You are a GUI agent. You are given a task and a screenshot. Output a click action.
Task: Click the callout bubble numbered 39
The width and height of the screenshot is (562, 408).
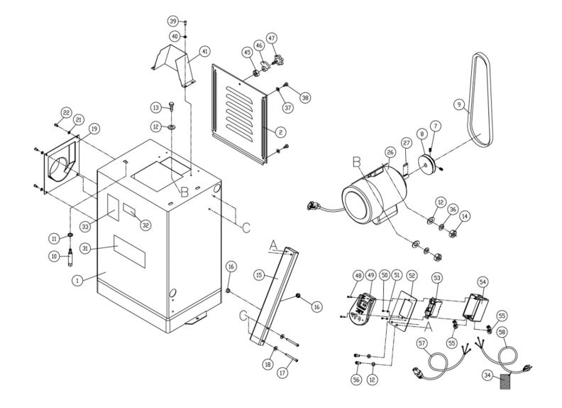[172, 22]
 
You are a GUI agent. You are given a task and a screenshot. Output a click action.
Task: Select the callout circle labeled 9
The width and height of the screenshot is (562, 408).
[459, 105]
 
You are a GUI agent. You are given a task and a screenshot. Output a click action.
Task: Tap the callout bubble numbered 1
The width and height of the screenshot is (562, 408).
[76, 281]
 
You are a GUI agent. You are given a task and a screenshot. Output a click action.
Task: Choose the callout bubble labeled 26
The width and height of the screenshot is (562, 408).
[390, 151]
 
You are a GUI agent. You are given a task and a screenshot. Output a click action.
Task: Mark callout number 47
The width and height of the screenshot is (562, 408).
[271, 37]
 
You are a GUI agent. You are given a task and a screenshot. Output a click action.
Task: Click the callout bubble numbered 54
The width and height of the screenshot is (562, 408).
[483, 282]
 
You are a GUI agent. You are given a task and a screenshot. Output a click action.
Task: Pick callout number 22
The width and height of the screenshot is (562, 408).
[65, 112]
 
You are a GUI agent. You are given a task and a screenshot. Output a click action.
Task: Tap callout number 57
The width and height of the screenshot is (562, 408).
[421, 343]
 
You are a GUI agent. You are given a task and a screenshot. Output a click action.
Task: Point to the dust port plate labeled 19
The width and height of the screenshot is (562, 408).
[62, 164]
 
